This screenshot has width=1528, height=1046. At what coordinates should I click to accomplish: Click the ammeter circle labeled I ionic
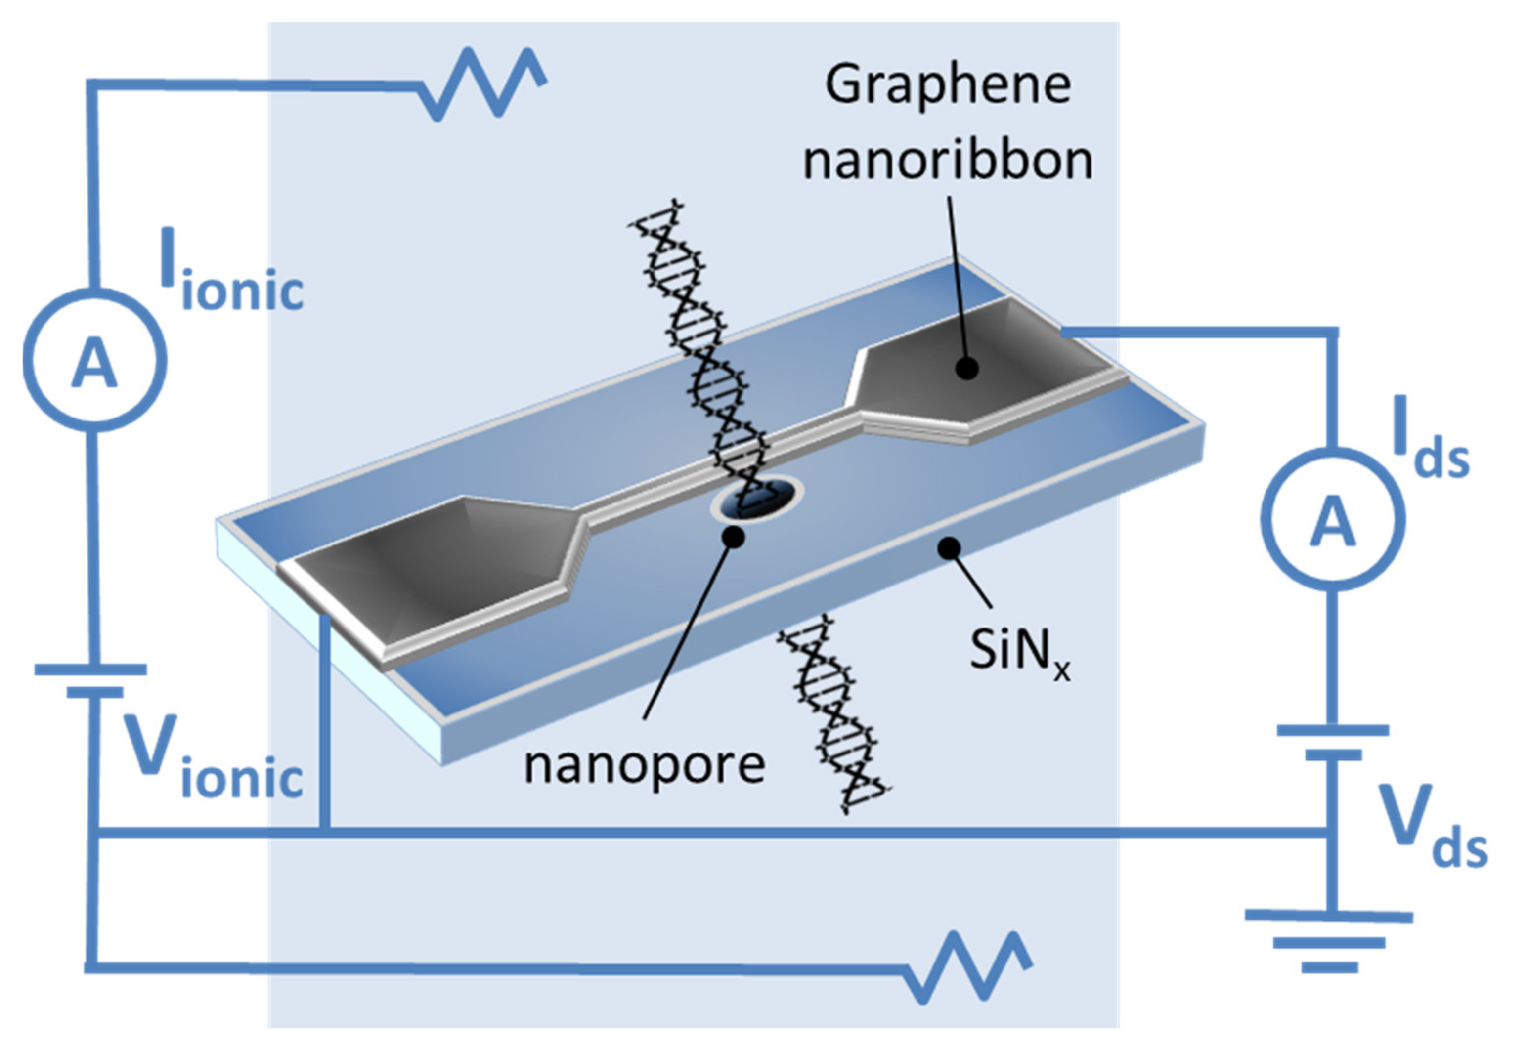pyautogui.click(x=95, y=360)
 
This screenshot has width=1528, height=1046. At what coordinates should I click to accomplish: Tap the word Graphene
pyautogui.click(x=948, y=85)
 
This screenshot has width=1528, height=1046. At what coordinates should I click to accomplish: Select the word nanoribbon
pyautogui.click(x=948, y=161)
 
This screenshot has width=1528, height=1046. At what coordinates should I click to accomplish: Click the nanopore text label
pyautogui.click(x=644, y=765)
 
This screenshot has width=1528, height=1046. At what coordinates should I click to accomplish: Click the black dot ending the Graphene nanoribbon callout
pyautogui.click(x=966, y=368)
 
